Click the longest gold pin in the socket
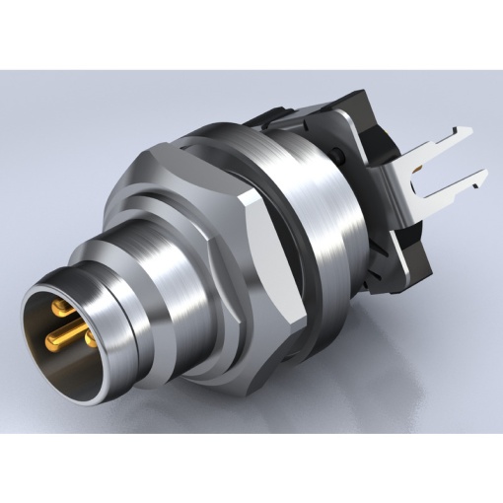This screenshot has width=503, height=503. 61,339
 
